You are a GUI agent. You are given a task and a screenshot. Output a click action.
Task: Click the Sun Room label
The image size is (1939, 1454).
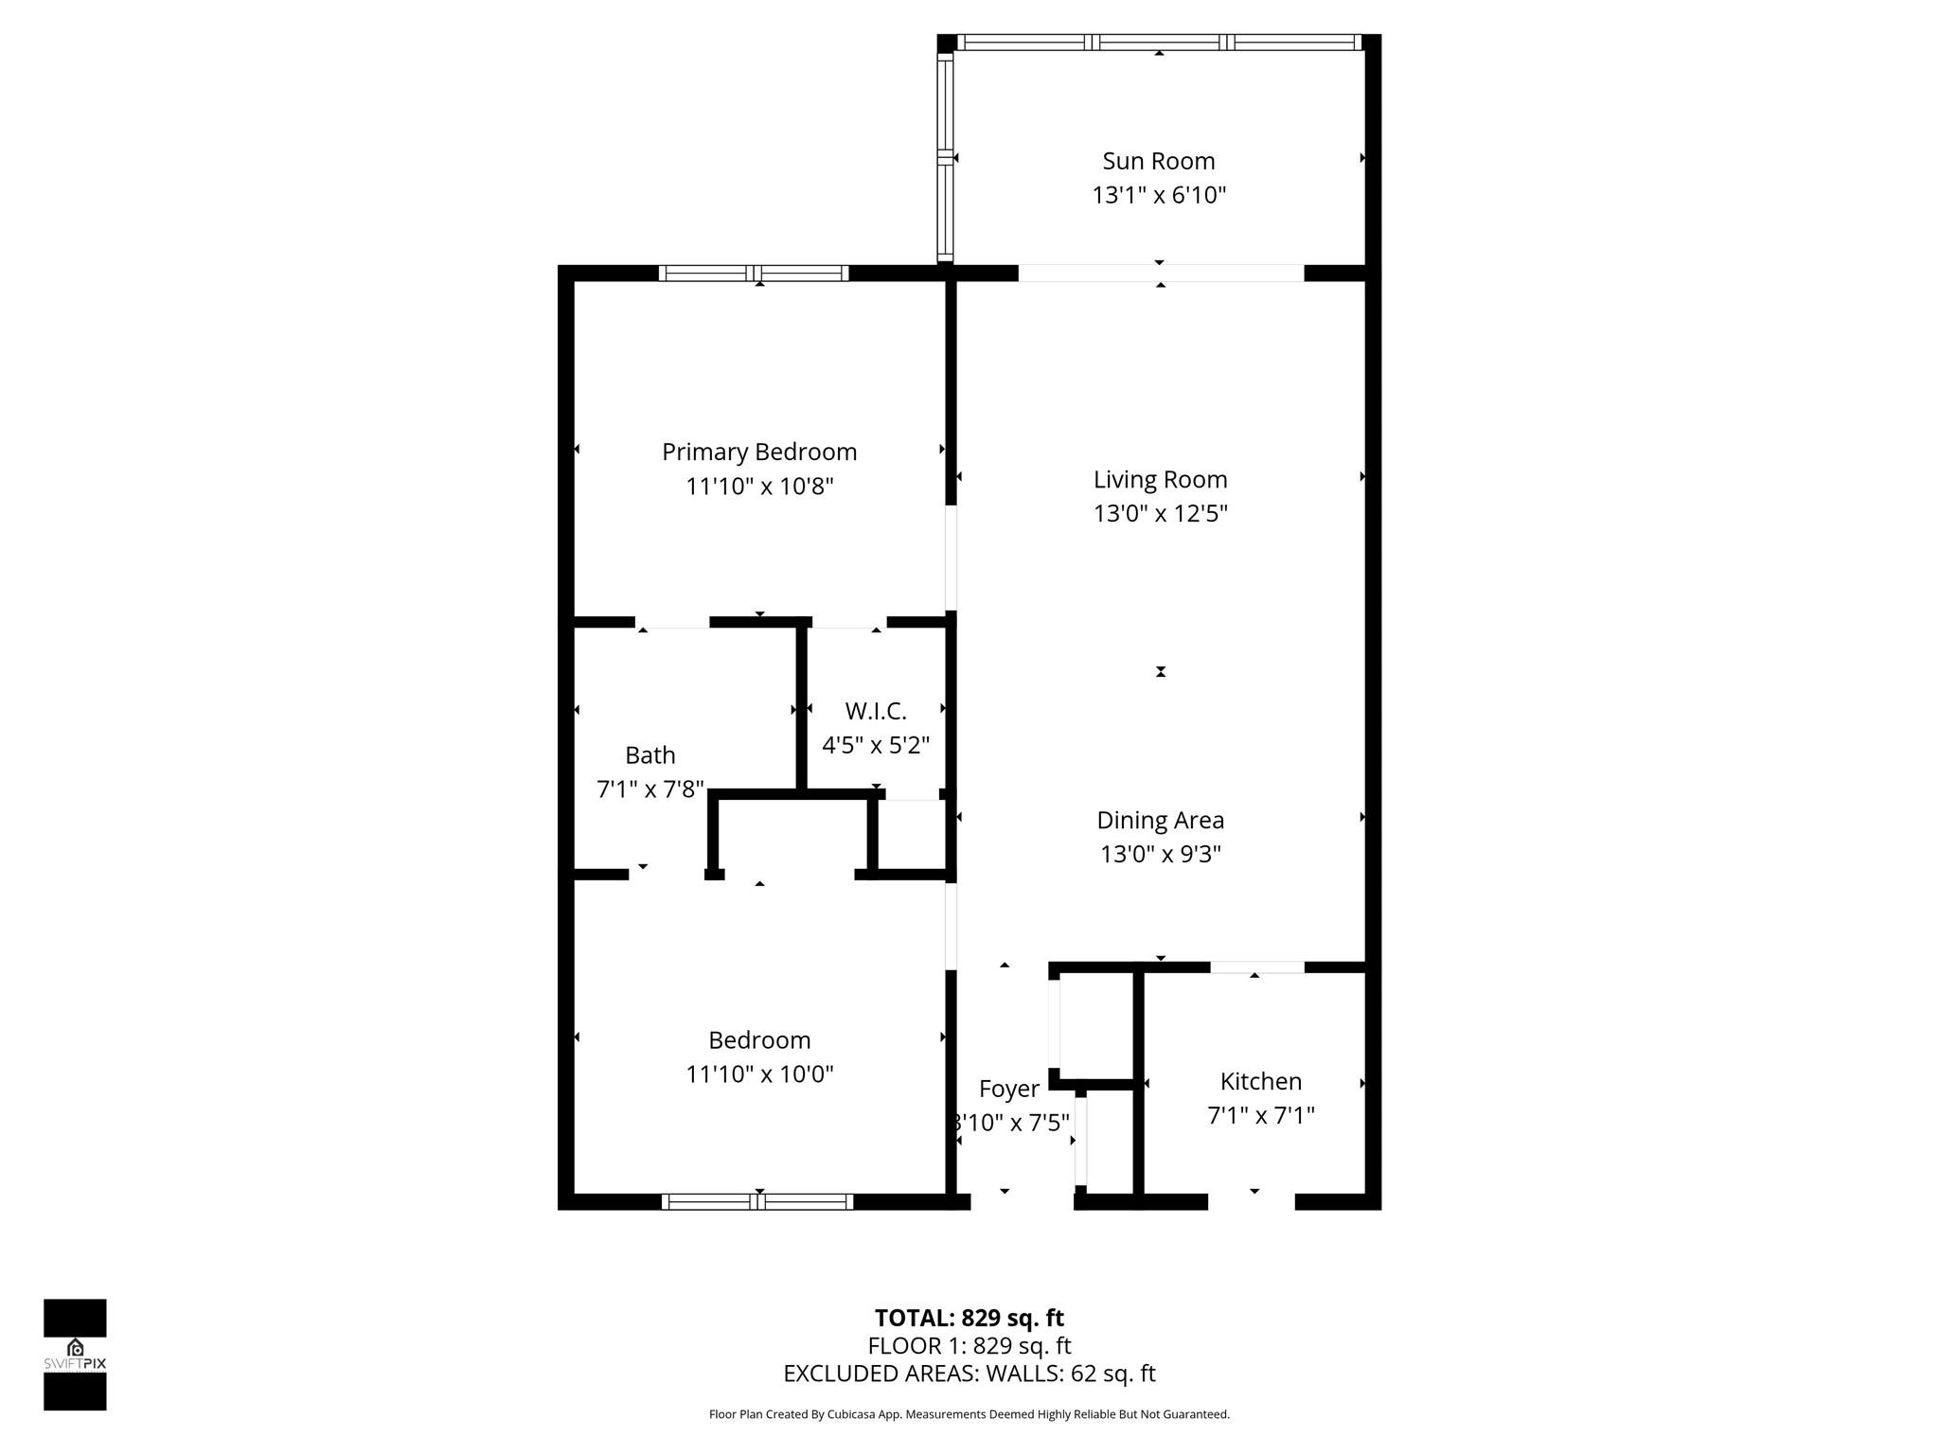[x=1158, y=161]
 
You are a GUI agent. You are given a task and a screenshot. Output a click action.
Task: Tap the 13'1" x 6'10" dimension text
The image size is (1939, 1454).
[x=1159, y=195]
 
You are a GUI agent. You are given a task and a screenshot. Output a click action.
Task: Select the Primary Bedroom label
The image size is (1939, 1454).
[x=759, y=452]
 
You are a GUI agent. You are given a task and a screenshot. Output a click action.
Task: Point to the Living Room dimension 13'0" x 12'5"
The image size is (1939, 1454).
[x=1160, y=513]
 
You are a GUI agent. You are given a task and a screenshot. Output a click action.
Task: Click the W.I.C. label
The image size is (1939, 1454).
[x=876, y=710]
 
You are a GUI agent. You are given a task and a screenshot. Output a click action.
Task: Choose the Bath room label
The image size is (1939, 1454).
[x=649, y=754]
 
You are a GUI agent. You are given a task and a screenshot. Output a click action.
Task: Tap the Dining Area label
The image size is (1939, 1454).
[x=1160, y=820]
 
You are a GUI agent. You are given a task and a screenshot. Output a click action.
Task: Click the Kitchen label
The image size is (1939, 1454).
[x=1260, y=1081]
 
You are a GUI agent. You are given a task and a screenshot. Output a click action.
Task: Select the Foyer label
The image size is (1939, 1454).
[x=1008, y=1089]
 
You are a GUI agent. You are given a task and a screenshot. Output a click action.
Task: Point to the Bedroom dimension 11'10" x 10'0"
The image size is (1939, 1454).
[x=759, y=1073]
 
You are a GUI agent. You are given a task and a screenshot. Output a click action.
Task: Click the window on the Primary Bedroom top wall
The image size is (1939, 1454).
[x=754, y=274]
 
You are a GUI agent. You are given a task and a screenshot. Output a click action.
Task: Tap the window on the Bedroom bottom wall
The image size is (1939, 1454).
[x=756, y=1202]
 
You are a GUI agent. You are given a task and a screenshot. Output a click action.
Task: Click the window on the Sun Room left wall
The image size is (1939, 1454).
[x=945, y=157]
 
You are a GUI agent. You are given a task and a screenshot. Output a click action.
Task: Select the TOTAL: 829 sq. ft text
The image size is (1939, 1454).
[x=969, y=1318]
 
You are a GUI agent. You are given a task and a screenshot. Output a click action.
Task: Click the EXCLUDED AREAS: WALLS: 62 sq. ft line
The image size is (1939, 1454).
[x=969, y=1373]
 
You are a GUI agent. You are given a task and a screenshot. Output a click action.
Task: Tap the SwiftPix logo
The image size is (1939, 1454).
[x=75, y=1354]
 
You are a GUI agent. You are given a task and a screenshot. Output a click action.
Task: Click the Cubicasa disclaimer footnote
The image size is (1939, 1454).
[x=969, y=1414]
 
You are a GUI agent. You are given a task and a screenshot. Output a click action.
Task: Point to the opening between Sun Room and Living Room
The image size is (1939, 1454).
[x=1161, y=273]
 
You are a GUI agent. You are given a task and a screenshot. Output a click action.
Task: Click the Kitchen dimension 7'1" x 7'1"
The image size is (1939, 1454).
[x=1260, y=1115]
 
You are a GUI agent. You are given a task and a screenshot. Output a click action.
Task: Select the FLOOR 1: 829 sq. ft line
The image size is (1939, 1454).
[x=969, y=1345]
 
